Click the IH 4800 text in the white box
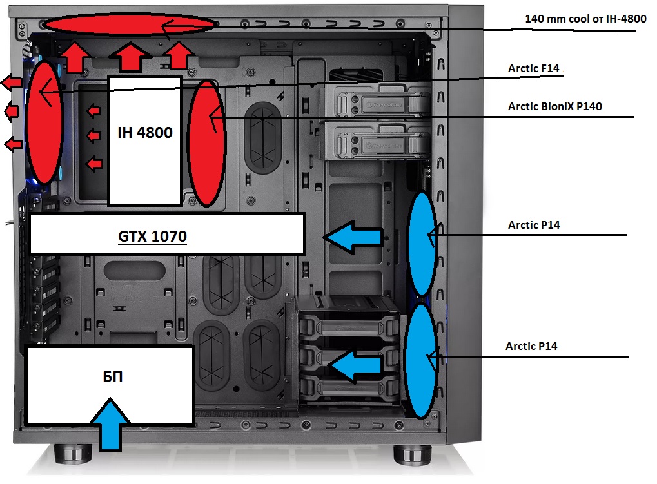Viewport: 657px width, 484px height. tap(144, 133)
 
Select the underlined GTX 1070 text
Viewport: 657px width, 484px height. tap(152, 237)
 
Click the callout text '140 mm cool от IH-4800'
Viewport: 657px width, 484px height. tap(585, 19)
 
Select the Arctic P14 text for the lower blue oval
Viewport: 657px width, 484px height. tap(531, 347)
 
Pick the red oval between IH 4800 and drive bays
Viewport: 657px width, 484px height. tap(206, 143)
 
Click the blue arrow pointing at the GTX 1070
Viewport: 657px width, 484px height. tap(353, 237)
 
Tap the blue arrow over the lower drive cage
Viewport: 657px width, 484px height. tap(357, 365)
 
